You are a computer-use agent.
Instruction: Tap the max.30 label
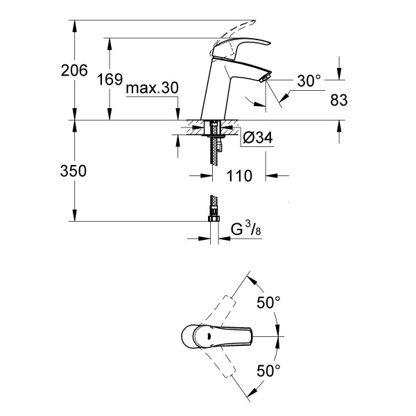[x=153, y=88]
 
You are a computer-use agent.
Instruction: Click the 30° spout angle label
[x=309, y=81]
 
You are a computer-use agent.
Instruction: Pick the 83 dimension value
[x=339, y=101]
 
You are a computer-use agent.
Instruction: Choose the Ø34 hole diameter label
[x=258, y=139]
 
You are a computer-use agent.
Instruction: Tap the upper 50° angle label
[x=268, y=303]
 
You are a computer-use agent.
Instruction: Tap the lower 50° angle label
[x=268, y=370]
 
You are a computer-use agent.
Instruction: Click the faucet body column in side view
[x=214, y=94]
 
